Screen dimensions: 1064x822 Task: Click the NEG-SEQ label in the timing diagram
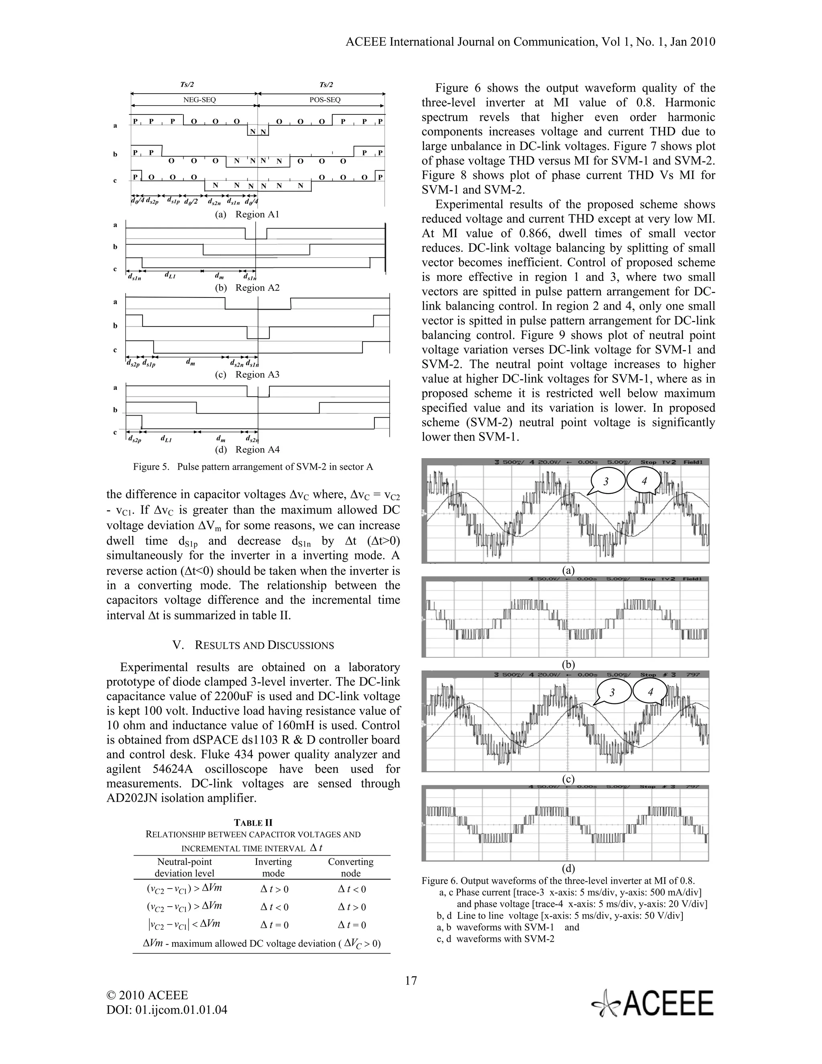[x=199, y=100]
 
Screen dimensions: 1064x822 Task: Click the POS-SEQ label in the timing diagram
[x=325, y=100]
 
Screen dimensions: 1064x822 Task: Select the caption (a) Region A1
[x=247, y=214]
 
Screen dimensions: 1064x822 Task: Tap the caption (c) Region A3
[x=247, y=375]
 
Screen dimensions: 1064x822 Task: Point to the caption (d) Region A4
[x=247, y=450]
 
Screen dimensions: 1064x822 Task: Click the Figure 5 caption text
[x=253, y=467]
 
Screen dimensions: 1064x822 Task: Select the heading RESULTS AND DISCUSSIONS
[x=253, y=646]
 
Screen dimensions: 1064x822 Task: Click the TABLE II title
[x=253, y=823]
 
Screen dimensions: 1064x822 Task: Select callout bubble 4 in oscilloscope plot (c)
[x=650, y=692]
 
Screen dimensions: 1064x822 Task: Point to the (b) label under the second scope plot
[x=568, y=664]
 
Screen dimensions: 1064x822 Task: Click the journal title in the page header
[x=530, y=42]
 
